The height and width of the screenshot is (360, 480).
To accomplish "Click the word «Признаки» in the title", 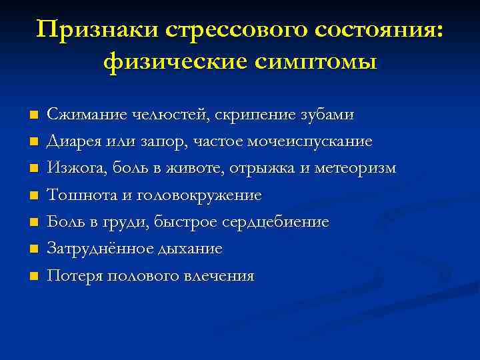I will [x=97, y=30].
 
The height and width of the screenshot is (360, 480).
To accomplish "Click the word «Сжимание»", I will [x=81, y=115].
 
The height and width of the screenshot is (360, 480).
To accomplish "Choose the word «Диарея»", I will [x=71, y=141].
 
